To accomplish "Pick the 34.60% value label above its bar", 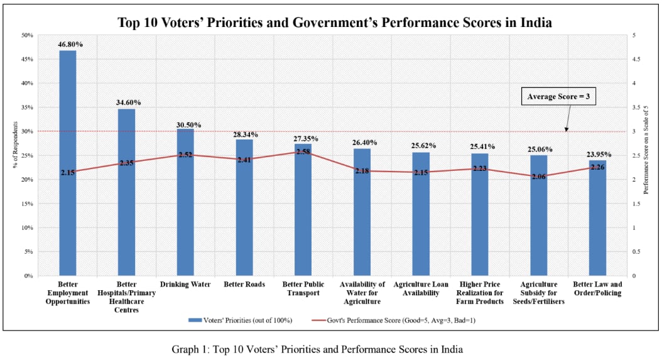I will click(126, 102).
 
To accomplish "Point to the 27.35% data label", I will click(303, 137).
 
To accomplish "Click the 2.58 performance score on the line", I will click(303, 152).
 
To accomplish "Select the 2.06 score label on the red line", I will click(538, 177).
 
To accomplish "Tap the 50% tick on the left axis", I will click(28, 35).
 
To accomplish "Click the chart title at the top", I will click(335, 23).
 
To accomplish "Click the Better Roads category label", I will click(244, 285).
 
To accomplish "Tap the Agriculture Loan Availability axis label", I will click(421, 288).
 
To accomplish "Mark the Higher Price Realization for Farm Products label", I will click(480, 293).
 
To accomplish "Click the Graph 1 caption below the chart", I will click(317, 349).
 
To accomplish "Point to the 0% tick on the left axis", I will click(29, 275).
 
